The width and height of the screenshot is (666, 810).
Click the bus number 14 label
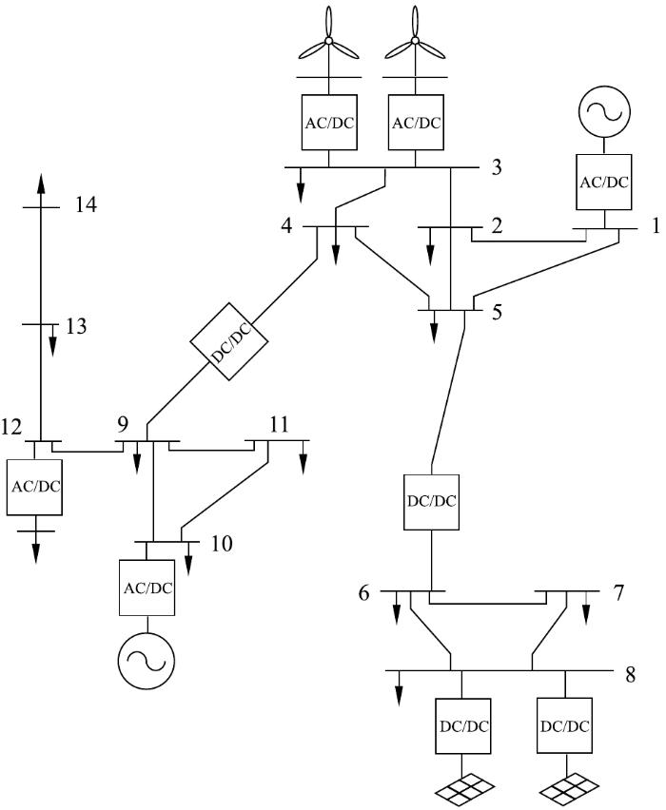pos(86,205)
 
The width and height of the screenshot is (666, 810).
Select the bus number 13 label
pos(76,326)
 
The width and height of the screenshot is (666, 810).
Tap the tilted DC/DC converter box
pos(229,341)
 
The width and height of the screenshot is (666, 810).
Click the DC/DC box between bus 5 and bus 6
pos(431,502)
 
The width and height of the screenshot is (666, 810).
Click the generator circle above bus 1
pos(604,110)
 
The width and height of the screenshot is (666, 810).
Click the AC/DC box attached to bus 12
pos(34,487)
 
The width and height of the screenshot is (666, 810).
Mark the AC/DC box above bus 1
pos(604,182)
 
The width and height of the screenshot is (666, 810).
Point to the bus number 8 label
pos(630,675)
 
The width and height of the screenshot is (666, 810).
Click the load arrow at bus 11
pos(303,456)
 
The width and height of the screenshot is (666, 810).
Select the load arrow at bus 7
pos(586,606)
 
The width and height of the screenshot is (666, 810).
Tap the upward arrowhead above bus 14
pos(41,183)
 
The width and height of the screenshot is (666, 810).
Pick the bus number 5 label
pos(497,313)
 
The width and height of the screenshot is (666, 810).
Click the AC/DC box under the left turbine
pos(329,123)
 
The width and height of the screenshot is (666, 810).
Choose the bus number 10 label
pos(222,544)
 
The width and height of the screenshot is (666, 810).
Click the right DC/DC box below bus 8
pos(564,725)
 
